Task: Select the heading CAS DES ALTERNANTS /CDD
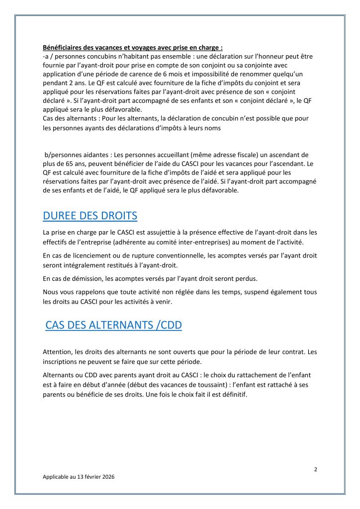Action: (x=113, y=325)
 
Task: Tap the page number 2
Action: (x=315, y=469)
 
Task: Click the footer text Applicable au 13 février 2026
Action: (x=79, y=476)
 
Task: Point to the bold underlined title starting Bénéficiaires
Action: (x=133, y=48)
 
